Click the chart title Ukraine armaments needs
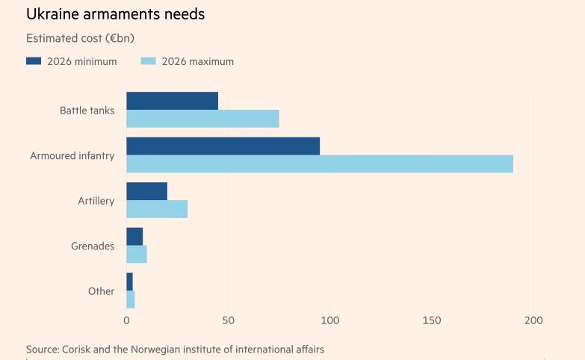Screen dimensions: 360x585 point(115,14)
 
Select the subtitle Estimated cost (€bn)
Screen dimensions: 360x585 point(80,38)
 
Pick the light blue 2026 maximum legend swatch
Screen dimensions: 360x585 point(148,61)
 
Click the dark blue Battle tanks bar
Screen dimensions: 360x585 point(172,101)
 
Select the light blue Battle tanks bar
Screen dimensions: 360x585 point(202,119)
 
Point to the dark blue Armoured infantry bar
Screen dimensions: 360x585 point(223,146)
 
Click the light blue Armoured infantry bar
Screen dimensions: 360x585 point(320,164)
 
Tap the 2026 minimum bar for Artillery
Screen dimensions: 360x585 point(146,191)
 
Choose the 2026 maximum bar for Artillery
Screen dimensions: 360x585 point(157,209)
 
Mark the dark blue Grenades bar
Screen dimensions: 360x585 point(134,237)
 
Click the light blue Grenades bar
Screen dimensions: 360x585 point(137,254)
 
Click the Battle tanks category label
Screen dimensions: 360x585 point(87,111)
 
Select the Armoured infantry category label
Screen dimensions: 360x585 point(72,155)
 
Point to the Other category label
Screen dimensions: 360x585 point(101,291)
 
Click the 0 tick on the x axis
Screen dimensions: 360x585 point(126,320)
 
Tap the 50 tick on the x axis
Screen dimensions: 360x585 point(228,320)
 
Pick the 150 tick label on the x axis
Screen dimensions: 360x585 point(431,320)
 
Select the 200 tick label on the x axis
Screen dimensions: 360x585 point(533,320)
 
